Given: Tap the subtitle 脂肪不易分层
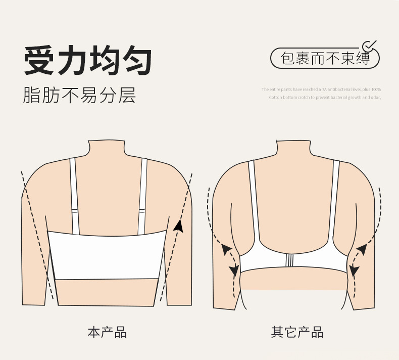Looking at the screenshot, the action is coord(79,95).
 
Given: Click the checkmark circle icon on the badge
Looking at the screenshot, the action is coord(370,46).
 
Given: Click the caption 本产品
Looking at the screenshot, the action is coord(107,332).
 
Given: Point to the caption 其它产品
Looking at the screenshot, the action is coord(297,332).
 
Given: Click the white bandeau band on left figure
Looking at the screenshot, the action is coord(107,255).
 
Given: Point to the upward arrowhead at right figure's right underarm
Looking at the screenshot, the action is coord(362,248).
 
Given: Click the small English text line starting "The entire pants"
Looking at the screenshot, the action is coord(321,89).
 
